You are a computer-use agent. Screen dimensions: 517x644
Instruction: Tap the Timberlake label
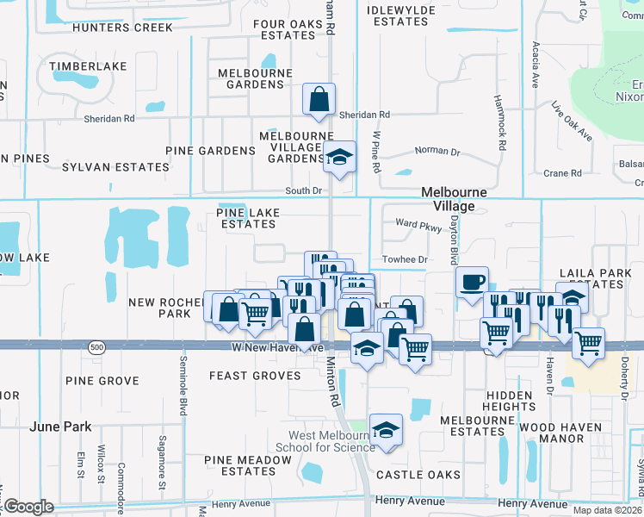point(88,66)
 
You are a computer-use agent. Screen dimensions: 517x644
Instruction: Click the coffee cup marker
point(472,283)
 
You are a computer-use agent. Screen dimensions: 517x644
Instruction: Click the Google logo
point(28,507)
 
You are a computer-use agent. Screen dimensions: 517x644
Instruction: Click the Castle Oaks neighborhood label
point(417,475)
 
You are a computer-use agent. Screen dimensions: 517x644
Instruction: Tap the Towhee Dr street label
point(405,259)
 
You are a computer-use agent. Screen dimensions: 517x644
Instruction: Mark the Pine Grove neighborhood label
point(102,381)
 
